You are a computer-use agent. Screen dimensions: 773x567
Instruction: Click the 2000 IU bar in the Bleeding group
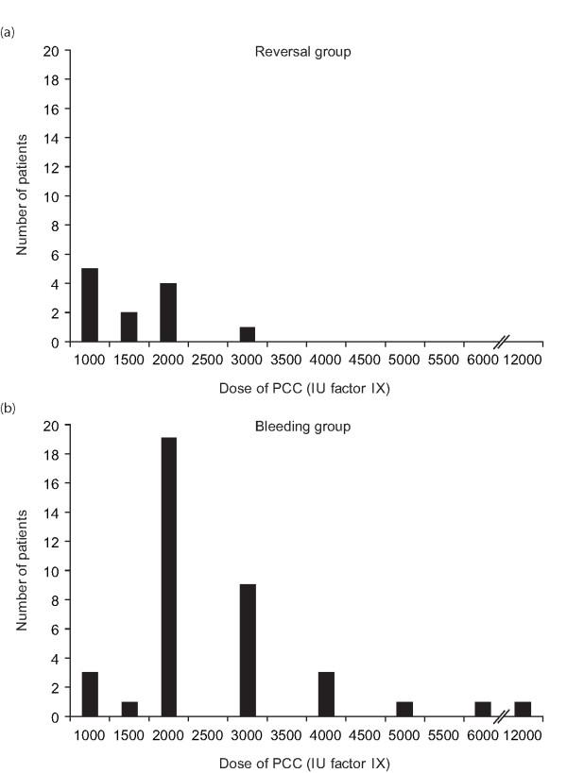pos(168,578)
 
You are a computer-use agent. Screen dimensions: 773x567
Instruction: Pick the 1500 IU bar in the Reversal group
pos(129,327)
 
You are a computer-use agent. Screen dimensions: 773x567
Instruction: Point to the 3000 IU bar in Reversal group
pos(248,334)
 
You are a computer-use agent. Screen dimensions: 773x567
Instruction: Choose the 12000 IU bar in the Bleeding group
pos(523,709)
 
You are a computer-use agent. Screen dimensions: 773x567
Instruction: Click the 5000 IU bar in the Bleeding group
pos(405,709)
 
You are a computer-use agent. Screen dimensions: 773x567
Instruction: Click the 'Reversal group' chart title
pos(302,51)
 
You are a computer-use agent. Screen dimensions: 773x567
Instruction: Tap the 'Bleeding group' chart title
pos(302,427)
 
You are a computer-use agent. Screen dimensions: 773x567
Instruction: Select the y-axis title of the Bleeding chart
pos(22,571)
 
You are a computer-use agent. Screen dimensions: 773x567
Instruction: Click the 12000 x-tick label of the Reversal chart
pos(523,359)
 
